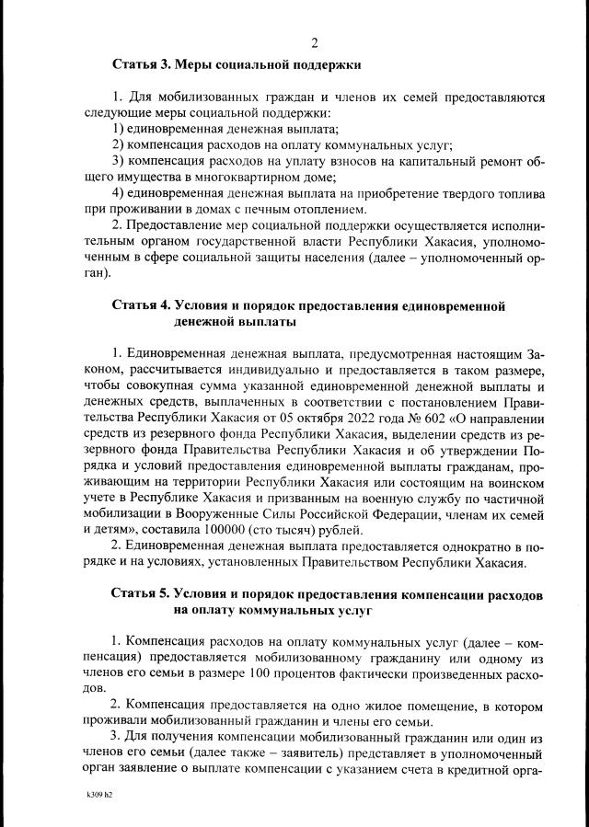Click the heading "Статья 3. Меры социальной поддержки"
click(237, 65)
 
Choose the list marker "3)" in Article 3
click(118, 161)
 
